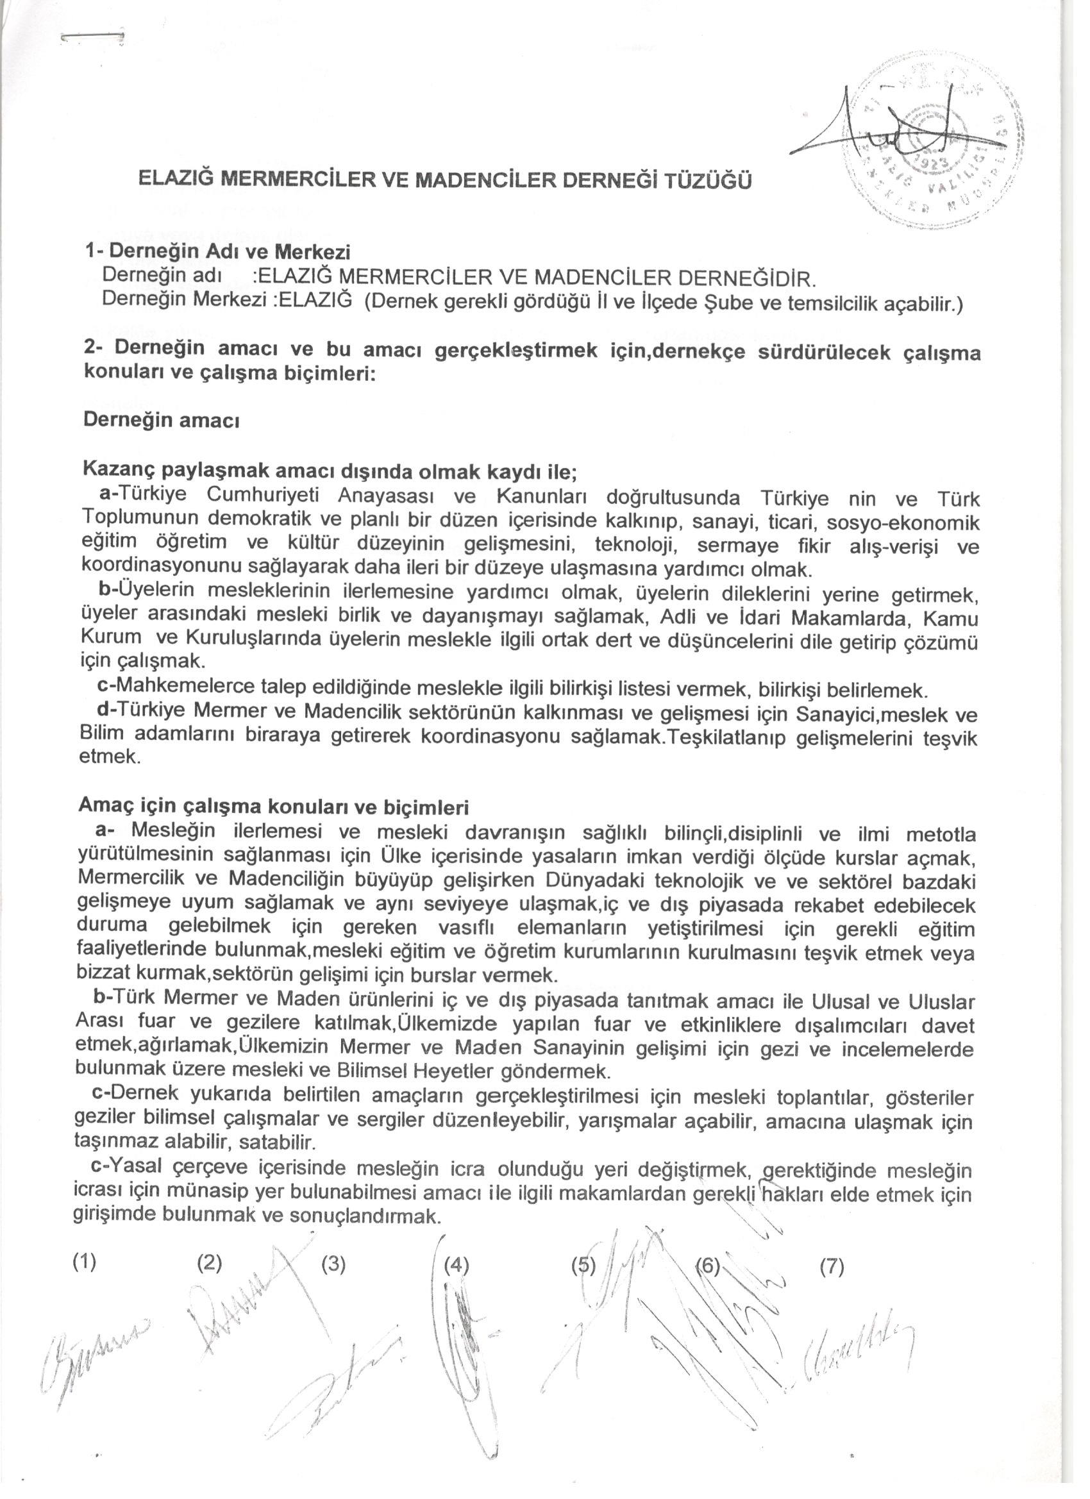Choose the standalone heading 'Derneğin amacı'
coord(161,421)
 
